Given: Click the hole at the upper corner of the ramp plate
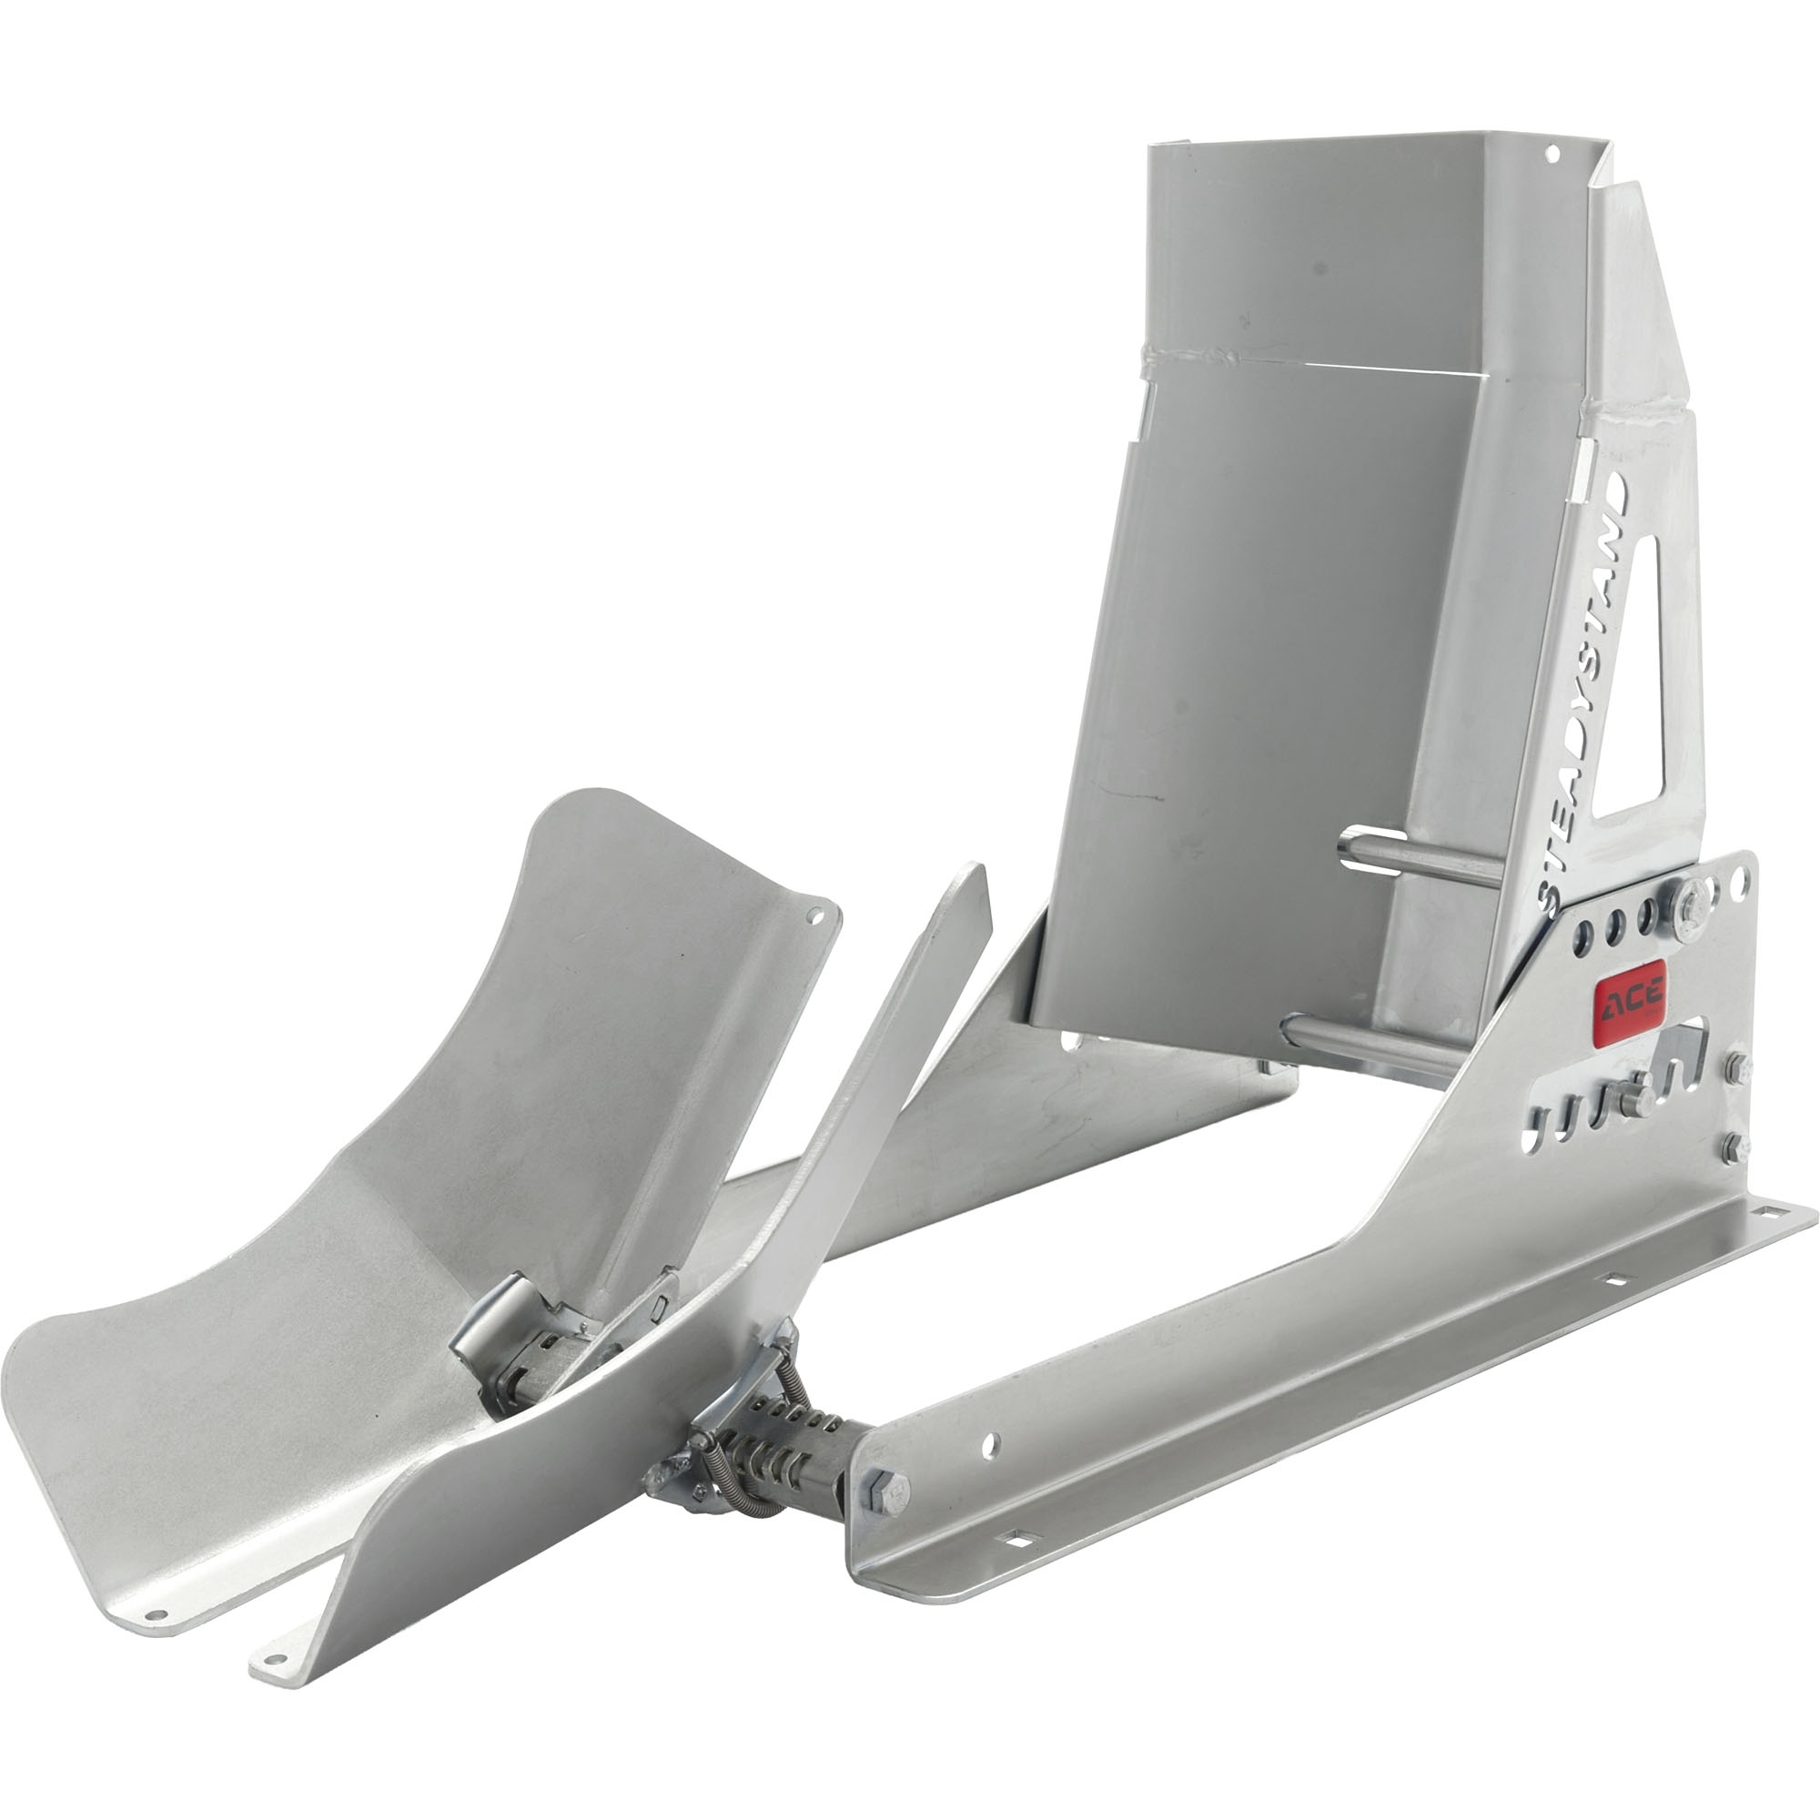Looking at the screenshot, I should coord(814,915).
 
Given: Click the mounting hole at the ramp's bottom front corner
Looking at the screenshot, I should coord(157,1614).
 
